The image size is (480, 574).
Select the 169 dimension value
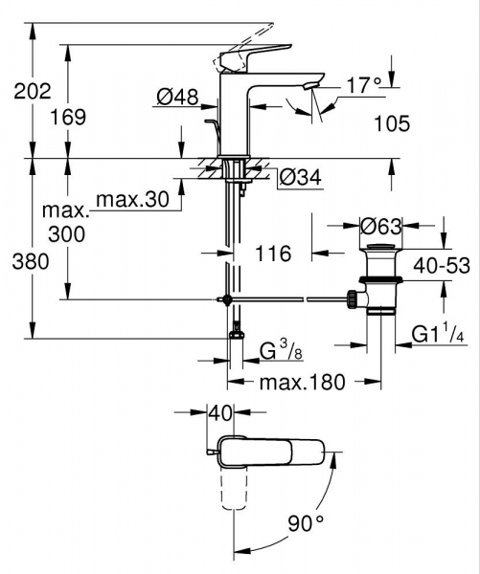point(67,117)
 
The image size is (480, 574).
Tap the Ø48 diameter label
point(176,96)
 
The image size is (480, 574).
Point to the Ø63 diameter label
point(379,228)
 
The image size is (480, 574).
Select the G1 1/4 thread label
point(437,335)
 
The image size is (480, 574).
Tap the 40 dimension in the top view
point(220,414)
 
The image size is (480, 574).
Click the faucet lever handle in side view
point(255,54)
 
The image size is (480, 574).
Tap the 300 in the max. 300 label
point(66,233)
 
